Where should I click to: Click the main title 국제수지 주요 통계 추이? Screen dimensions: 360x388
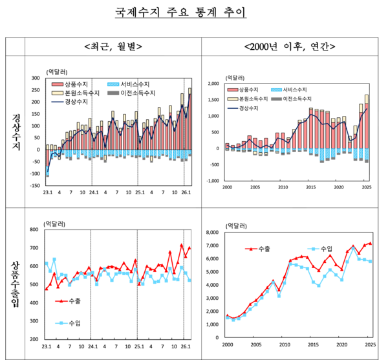click(195, 12)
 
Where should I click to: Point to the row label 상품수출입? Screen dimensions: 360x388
click(16, 284)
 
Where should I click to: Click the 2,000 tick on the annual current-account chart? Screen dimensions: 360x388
click(213, 84)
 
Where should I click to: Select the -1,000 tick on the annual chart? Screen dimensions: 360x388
click(212, 181)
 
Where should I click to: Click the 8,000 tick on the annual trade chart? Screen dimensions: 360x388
click(213, 232)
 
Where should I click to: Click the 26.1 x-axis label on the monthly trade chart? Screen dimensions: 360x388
click(185, 347)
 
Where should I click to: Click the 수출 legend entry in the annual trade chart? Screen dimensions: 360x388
click(259, 248)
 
